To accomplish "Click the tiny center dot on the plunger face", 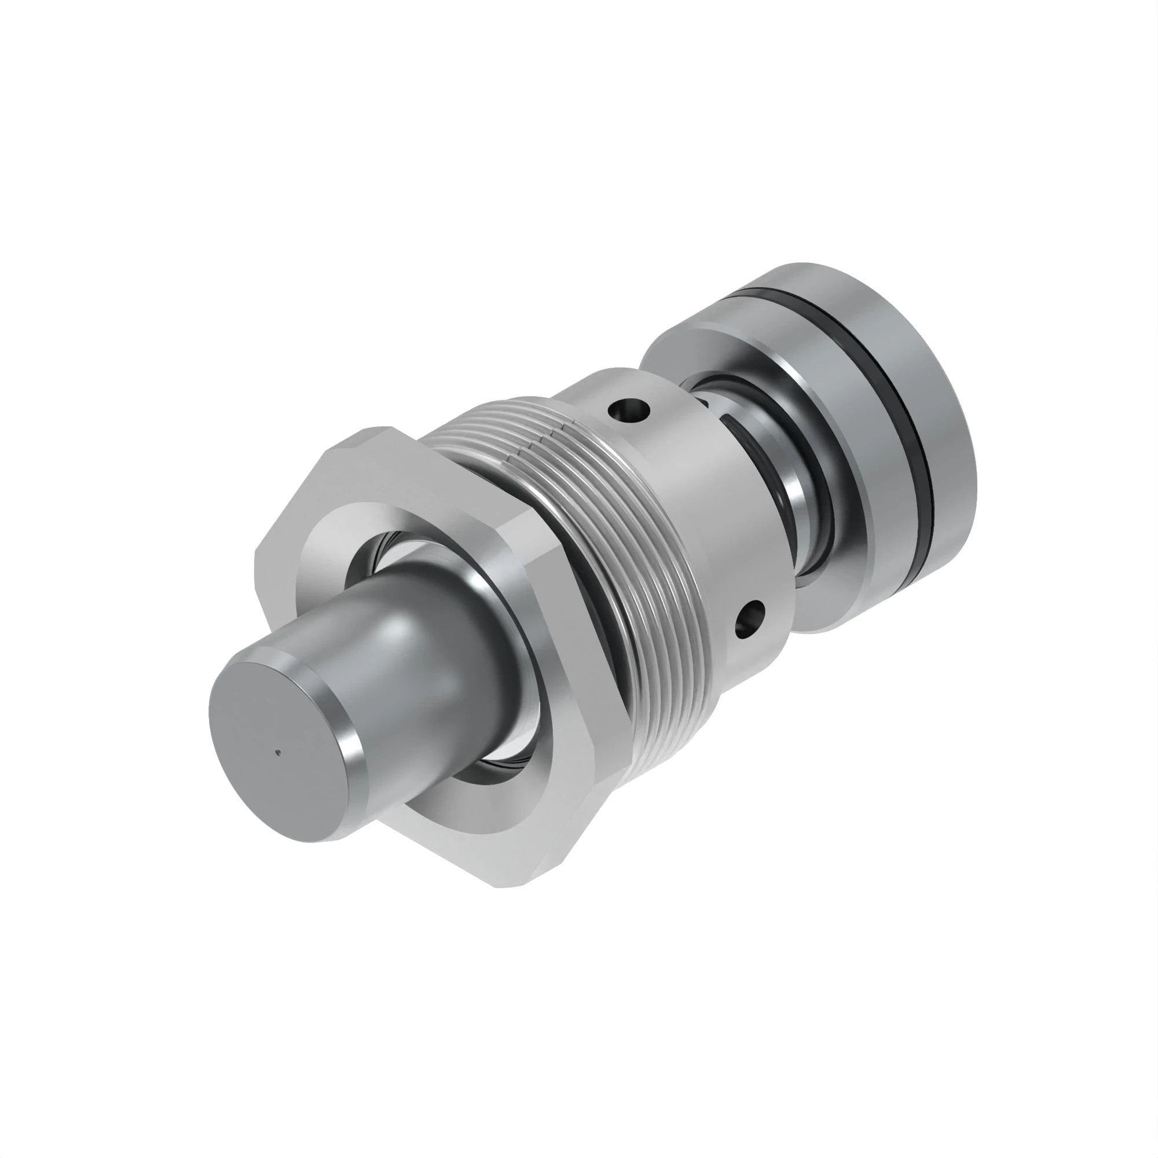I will coord(277,749).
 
